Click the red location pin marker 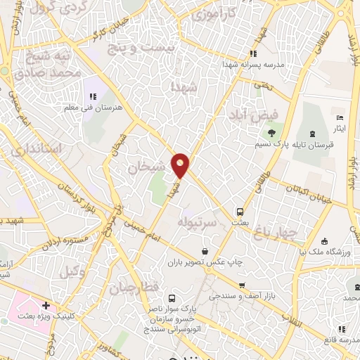point(181,165)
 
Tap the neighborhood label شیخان point(147,167)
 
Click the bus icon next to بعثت point(240,211)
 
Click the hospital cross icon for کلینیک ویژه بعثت point(46,306)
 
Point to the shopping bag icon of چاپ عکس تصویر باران point(205,250)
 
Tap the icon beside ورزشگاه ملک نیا point(323,241)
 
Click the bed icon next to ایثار point(340,117)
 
